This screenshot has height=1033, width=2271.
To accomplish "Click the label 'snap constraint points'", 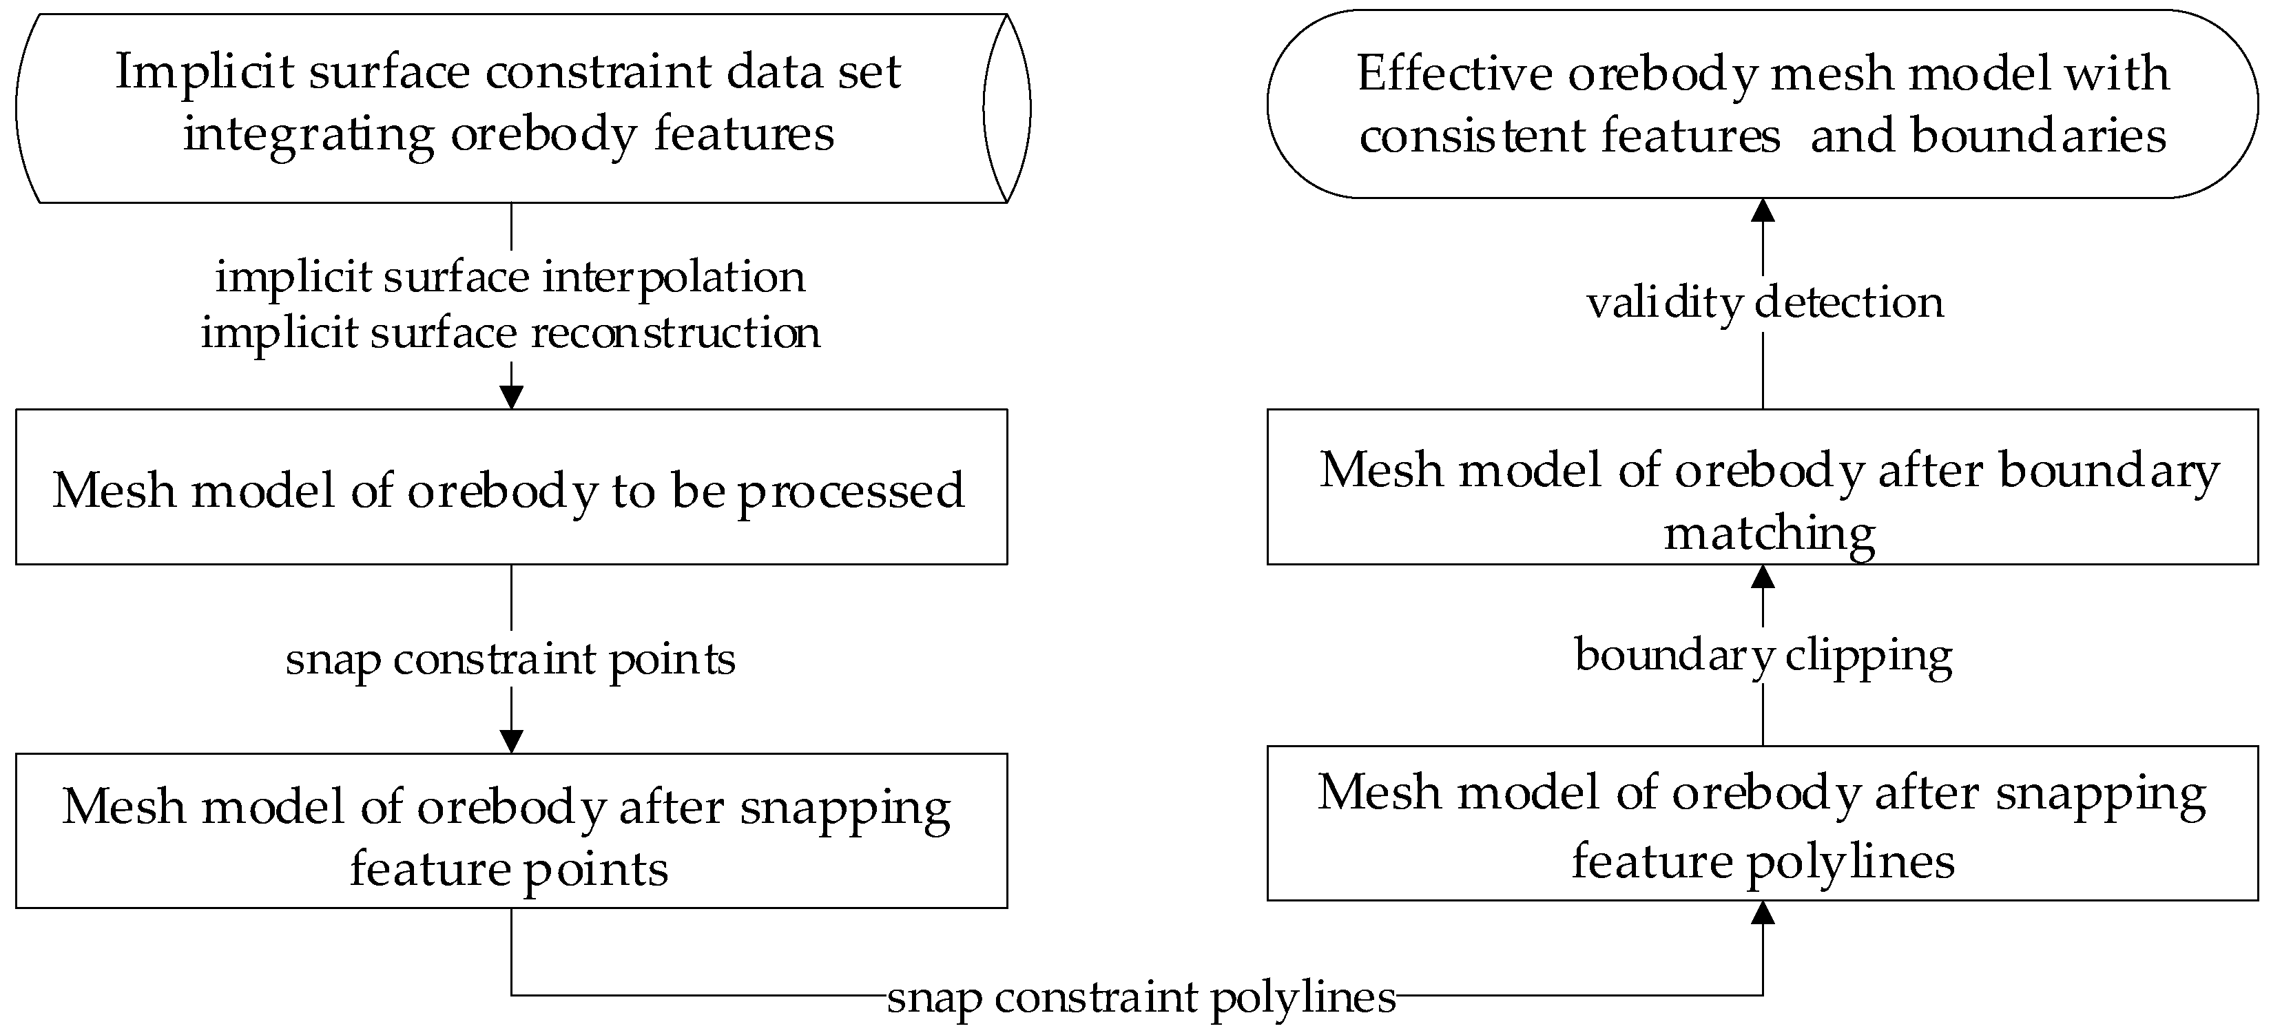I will (510, 659).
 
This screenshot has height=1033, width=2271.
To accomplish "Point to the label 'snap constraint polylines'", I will (1141, 997).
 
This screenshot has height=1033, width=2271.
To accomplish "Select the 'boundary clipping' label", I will (1763, 655).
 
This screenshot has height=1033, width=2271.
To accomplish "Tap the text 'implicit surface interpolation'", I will (510, 277).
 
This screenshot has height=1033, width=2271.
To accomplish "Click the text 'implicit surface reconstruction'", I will (510, 333).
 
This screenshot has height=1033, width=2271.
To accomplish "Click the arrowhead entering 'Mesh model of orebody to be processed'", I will (511, 397).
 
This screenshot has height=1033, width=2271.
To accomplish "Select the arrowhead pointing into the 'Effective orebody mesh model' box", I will (1763, 210).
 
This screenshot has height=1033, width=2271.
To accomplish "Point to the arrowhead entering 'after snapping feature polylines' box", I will (1763, 912).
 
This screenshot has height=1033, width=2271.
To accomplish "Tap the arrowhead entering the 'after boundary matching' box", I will (1763, 576).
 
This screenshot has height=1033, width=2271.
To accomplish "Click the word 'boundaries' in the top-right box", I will (2037, 136).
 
